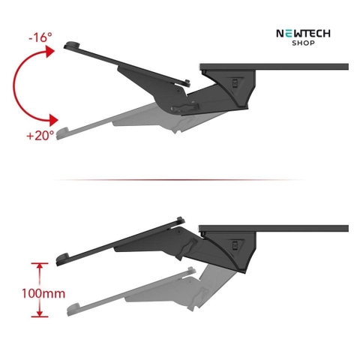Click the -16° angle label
click(x=40, y=37)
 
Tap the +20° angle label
click(x=40, y=136)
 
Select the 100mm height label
click(x=43, y=293)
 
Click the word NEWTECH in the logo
click(x=303, y=34)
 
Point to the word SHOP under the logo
click(x=303, y=43)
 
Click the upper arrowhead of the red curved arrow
click(x=50, y=51)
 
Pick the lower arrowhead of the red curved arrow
click(x=53, y=120)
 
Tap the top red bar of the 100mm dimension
click(x=40, y=263)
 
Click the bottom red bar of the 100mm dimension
click(x=40, y=316)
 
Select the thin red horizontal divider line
click(x=178, y=179)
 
